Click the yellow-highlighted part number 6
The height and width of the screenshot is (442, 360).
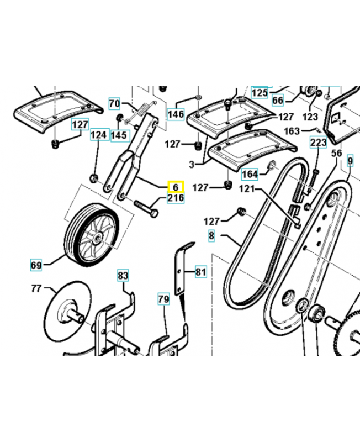coord(176,187)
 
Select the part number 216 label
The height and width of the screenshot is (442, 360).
coord(176,198)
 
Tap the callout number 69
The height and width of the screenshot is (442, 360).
coord(36,265)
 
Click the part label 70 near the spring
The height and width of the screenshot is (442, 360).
coord(114,103)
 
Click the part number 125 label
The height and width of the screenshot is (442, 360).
coord(259,92)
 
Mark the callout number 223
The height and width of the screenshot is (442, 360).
coord(319,143)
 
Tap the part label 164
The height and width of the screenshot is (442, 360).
coord(250,175)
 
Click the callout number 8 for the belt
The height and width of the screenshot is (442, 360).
coord(211,236)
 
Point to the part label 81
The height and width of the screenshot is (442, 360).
coord(200,271)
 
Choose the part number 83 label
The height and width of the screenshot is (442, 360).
coord(123,275)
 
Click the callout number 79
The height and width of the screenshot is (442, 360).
coord(163,299)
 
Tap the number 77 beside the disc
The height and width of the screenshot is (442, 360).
coord(36,288)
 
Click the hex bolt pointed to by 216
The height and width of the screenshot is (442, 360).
coord(145,209)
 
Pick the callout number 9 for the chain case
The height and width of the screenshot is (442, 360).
coord(350,161)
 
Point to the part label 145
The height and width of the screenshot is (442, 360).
coord(119,135)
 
